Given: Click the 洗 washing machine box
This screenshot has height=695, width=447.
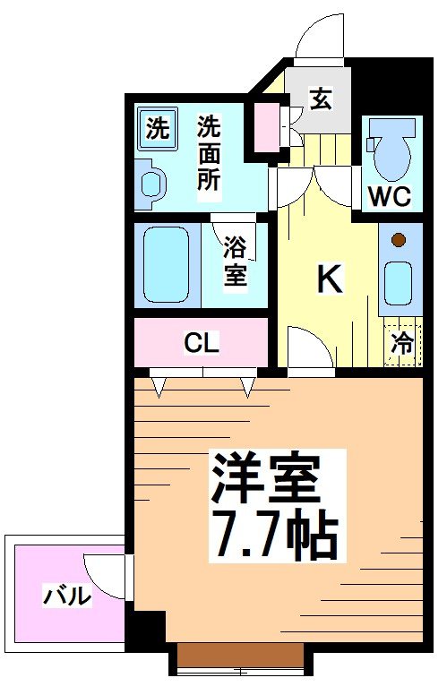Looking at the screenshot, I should pos(157,128).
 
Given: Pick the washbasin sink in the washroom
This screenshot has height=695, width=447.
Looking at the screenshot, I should pos(151,182).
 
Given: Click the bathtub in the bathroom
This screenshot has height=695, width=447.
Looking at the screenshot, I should pos(167,264).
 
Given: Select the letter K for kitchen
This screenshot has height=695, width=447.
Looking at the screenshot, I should pos(329,280).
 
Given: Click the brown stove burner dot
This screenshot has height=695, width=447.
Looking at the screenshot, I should pos(398,239).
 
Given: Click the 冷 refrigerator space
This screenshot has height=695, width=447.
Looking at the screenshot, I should pos(403,342).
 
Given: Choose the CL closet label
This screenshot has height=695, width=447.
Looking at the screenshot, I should pos(202,342).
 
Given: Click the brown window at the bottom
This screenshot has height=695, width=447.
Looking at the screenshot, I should pos(241,656).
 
